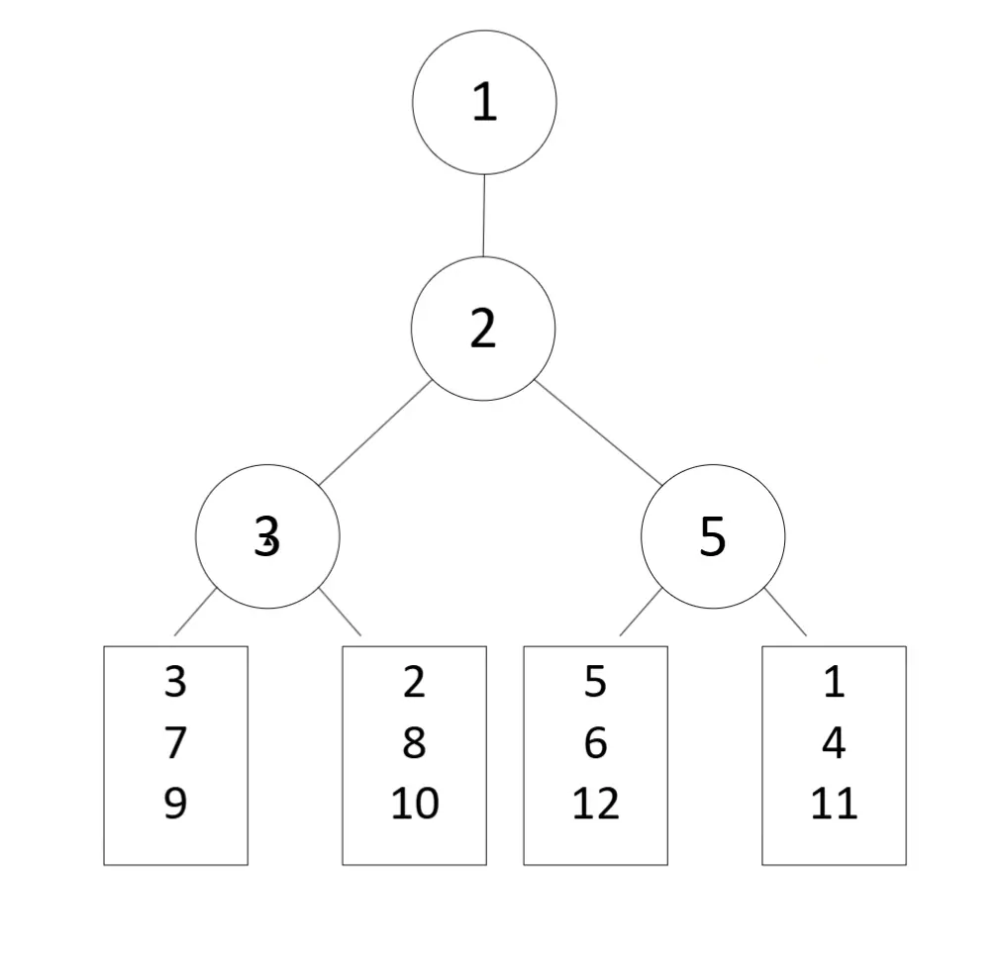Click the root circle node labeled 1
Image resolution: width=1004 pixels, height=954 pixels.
484,102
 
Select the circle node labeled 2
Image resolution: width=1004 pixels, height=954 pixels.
483,329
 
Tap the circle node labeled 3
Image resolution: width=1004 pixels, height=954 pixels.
267,536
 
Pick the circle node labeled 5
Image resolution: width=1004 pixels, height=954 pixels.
713,536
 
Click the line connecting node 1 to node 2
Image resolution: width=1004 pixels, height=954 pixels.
483,216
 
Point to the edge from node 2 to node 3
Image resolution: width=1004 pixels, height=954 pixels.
374,432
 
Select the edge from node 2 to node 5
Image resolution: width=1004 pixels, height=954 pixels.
599,432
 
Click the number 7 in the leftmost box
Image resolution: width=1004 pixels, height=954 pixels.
175,742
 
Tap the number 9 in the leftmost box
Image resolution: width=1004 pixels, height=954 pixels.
175,803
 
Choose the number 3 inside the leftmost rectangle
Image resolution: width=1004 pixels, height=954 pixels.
175,682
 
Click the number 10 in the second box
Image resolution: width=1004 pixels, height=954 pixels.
414,803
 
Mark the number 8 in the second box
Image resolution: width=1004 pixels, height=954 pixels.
414,742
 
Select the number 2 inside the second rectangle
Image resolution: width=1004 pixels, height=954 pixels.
414,682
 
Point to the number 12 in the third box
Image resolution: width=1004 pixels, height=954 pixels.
595,803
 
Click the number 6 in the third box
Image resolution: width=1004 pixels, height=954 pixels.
595,742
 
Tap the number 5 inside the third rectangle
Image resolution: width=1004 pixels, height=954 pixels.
595,682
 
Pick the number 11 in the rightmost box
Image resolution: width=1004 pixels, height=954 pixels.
834,803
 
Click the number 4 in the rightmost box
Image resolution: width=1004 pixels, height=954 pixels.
834,742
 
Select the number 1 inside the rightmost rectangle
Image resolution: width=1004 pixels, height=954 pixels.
834,682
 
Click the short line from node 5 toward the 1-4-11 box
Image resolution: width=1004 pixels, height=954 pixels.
785,612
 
